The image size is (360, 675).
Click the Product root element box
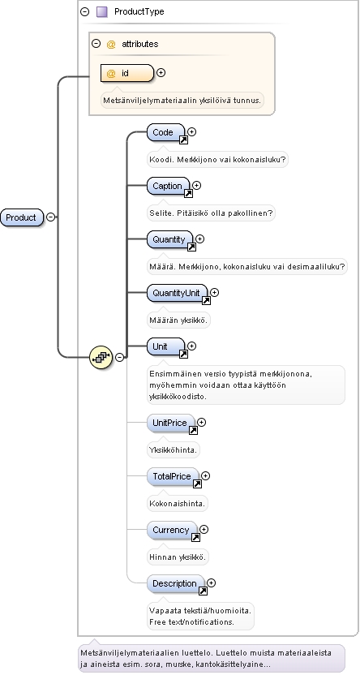click(22, 217)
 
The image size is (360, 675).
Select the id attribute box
click(126, 73)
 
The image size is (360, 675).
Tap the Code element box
click(165, 132)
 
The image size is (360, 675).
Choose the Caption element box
click(168, 186)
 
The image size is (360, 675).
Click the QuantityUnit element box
click(178, 293)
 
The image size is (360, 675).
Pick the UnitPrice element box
click(170, 423)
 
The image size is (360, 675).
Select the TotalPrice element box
click(173, 476)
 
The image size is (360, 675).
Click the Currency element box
click(172, 530)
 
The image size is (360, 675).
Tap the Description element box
click(175, 584)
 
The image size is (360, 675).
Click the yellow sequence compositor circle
click(101, 357)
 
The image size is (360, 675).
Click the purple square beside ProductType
click(102, 11)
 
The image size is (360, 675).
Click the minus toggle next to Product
click(51, 217)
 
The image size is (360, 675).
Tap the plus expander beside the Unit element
click(192, 346)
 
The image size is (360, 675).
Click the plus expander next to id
click(161, 73)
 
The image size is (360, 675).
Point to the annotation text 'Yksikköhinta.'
click(174, 450)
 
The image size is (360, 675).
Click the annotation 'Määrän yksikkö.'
click(178, 320)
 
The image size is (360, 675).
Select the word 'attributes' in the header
click(139, 44)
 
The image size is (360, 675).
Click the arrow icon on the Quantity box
click(192, 247)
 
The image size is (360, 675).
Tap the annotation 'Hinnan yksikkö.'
click(178, 557)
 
